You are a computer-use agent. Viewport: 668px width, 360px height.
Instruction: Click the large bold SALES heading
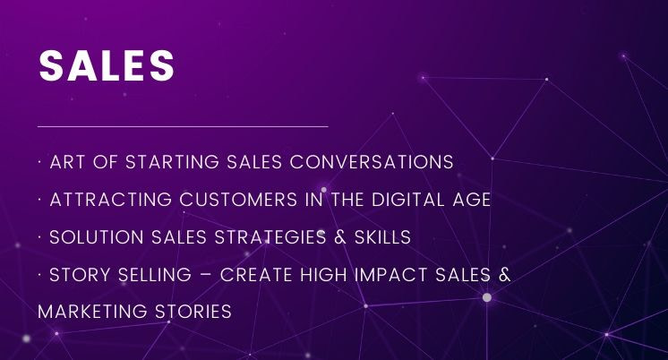107,65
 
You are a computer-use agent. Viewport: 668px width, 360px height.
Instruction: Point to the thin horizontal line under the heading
183,126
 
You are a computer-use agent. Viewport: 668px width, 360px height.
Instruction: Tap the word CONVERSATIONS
372,162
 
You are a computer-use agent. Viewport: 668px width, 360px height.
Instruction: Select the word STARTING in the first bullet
172,162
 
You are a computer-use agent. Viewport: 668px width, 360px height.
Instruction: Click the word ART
67,162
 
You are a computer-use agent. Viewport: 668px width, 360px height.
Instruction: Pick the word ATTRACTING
111,200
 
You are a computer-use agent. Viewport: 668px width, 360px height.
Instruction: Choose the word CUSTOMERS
238,200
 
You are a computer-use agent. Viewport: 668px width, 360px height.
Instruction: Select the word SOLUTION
97,237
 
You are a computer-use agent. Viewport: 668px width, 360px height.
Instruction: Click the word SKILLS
383,237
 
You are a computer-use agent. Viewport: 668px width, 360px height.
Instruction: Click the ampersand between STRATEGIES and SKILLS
340,237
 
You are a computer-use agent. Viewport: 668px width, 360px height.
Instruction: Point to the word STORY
80,275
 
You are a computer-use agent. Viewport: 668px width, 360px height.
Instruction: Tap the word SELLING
155,275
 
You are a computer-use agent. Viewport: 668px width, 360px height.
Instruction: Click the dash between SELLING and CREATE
206,275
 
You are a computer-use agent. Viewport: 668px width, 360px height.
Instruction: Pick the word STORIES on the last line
193,312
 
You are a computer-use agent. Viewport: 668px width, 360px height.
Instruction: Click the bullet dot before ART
39,162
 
